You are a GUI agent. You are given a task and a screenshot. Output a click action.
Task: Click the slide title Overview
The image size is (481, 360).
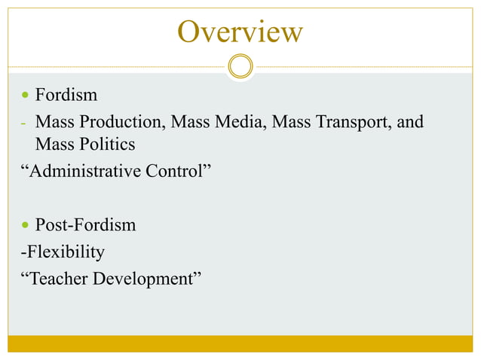tap(240, 32)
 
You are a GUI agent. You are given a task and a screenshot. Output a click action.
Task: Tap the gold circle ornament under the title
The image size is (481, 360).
tap(240, 66)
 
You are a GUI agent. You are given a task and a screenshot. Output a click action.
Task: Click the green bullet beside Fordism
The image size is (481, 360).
tap(26, 96)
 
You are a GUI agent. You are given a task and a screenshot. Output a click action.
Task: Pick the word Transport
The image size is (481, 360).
tap(351, 121)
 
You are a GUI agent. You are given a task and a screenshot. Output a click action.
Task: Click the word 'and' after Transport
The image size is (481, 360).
tap(410, 121)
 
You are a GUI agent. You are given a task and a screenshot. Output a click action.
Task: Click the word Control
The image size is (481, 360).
tap(177, 171)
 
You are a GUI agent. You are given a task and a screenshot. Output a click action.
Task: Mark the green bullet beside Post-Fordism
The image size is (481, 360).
tap(26, 225)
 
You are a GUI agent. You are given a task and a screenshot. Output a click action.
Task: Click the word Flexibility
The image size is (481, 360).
tap(64, 252)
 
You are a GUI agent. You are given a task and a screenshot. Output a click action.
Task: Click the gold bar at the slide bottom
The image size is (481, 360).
tap(240, 343)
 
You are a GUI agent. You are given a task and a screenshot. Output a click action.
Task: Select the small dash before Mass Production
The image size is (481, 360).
tap(23, 122)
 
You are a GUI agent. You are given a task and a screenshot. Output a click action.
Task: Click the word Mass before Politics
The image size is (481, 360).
tap(54, 143)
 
